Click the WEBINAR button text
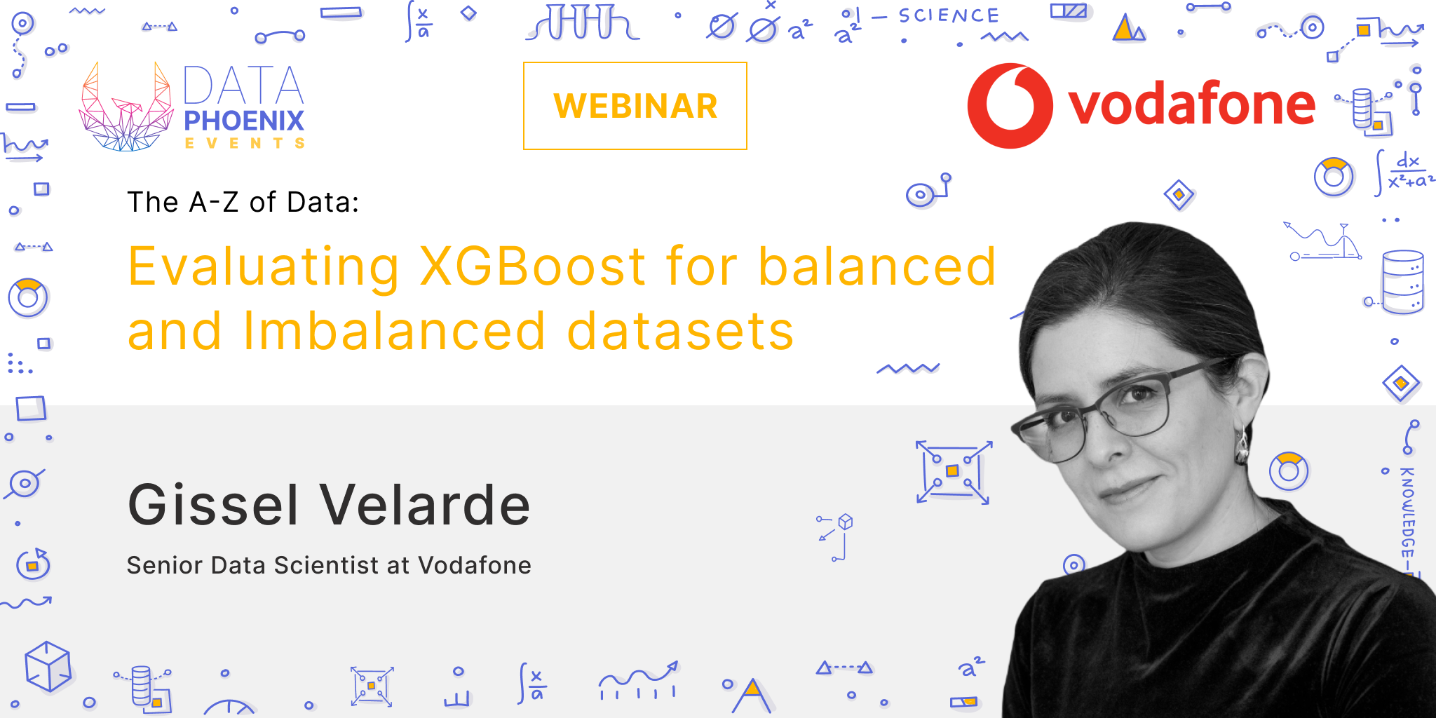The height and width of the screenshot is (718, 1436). point(635,107)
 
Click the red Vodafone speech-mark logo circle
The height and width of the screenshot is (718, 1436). point(1010,106)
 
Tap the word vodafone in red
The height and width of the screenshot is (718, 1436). point(1191,104)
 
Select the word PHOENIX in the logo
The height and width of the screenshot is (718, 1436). point(244,121)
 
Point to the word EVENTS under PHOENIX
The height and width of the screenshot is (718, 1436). point(244,144)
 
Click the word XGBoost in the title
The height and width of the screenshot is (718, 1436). point(532,268)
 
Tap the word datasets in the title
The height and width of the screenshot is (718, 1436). point(680,332)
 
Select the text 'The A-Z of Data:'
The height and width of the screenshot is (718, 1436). point(243,203)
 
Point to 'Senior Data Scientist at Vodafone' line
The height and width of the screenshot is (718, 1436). point(329,565)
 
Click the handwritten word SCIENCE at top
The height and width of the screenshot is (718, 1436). point(949,16)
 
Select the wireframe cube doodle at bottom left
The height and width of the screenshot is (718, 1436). point(48,666)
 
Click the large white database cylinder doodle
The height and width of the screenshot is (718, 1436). point(1402,280)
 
